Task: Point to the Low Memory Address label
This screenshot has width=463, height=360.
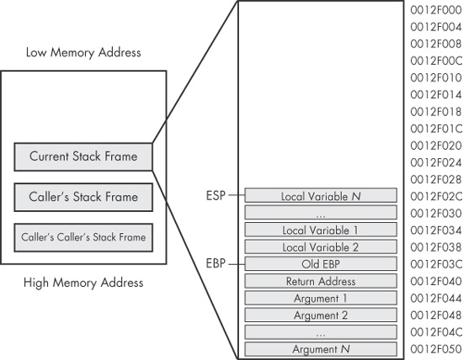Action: pyautogui.click(x=83, y=53)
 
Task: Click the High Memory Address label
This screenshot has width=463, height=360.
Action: pyautogui.click(x=83, y=283)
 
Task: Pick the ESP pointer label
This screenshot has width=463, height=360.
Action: pyautogui.click(x=216, y=196)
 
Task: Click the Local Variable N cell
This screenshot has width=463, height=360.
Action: pyautogui.click(x=322, y=196)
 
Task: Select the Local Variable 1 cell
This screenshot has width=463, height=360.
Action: pyautogui.click(x=322, y=230)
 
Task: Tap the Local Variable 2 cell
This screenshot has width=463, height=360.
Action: pyautogui.click(x=322, y=247)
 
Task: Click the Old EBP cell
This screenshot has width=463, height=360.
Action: pyautogui.click(x=322, y=264)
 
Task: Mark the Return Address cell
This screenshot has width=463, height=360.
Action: pyautogui.click(x=322, y=282)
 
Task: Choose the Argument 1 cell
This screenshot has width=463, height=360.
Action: pyautogui.click(x=322, y=299)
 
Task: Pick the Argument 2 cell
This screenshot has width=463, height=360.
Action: pyautogui.click(x=322, y=315)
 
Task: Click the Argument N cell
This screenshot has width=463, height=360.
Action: pyautogui.click(x=322, y=349)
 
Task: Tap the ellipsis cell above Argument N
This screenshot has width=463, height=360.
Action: pyautogui.click(x=322, y=332)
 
